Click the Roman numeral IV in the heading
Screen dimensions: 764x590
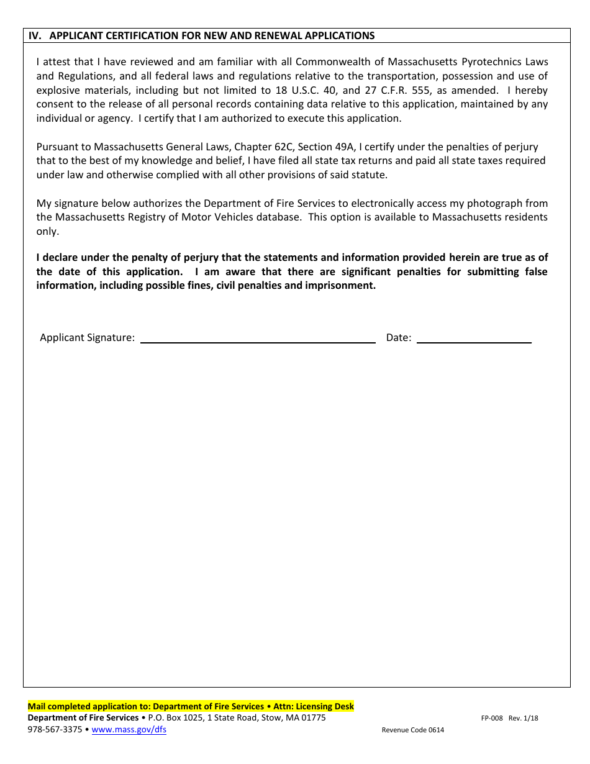(x=35, y=36)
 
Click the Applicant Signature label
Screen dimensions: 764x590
(x=87, y=338)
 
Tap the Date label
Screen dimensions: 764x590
(x=399, y=338)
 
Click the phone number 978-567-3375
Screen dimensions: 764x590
(x=55, y=730)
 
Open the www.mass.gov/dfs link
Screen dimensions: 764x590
(x=129, y=730)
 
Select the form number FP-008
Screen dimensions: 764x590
(x=491, y=718)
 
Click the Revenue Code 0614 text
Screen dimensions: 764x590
(x=412, y=730)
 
